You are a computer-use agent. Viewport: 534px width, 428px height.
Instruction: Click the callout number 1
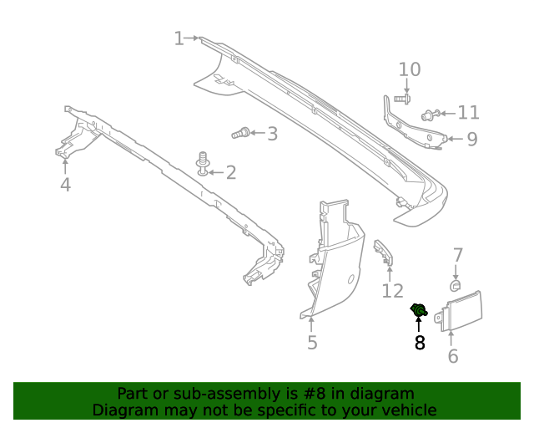[179, 38]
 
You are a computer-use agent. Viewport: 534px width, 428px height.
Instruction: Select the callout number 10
[410, 69]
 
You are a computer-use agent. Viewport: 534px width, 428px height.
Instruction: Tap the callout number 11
[469, 113]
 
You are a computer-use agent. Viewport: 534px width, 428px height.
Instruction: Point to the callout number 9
[471, 139]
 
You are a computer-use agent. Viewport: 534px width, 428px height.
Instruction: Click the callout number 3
[272, 133]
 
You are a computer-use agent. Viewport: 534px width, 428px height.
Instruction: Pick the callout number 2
[230, 173]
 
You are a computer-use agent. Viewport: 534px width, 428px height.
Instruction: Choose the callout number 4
[65, 185]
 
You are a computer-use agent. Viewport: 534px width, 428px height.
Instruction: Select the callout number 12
[392, 291]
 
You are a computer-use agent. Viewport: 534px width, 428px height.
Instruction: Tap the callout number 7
[456, 255]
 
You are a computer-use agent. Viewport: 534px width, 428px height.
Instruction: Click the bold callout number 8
[420, 342]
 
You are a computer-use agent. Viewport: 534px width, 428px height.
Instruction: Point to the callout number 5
[312, 342]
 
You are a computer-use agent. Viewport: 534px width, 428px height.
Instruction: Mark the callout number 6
[453, 356]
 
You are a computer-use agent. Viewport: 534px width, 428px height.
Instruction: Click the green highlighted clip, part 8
[419, 312]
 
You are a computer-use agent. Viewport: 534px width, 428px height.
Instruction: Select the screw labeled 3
[240, 133]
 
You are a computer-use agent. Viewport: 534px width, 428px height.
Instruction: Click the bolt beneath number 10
[399, 99]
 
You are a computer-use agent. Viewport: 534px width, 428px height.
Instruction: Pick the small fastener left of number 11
[431, 115]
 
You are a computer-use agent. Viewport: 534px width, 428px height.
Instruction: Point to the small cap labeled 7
[456, 286]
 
